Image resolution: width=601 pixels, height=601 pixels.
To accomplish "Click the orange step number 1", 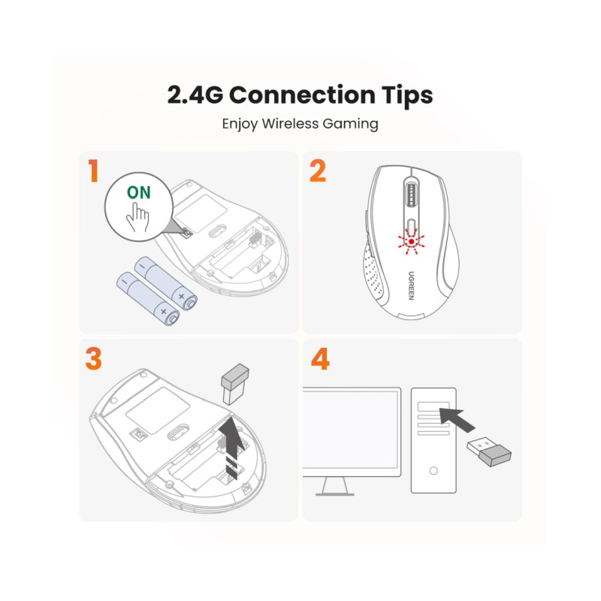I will pos(93,172).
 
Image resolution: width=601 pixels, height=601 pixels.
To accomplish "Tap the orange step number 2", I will pos(317,172).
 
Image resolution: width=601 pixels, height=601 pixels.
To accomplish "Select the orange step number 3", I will pos(93,358).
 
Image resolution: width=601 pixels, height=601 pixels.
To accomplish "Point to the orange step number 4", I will pos(319,358).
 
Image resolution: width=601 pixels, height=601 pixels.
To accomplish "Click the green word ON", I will pos(138,192).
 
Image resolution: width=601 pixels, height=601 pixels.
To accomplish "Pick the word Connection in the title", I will pos(300,95).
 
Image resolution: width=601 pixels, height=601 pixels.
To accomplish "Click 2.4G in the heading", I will pos(194,95).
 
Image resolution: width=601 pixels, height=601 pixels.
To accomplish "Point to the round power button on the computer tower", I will pos(433,471).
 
